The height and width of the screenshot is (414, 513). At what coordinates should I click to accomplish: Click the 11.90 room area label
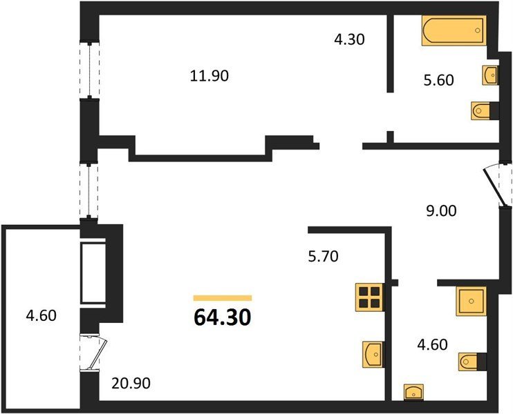pyautogui.click(x=209, y=76)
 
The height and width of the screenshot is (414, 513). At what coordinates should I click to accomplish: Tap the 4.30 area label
pyautogui.click(x=349, y=39)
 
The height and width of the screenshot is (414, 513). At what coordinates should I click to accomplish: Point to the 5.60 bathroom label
pyautogui.click(x=439, y=80)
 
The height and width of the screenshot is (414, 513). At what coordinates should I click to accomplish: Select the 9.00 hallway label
pyautogui.click(x=441, y=211)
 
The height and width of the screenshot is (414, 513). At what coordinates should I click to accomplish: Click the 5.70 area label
pyautogui.click(x=324, y=257)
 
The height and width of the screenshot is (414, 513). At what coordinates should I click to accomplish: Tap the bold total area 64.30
pyautogui.click(x=223, y=317)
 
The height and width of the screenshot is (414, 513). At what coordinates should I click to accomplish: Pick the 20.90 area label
pyautogui.click(x=131, y=384)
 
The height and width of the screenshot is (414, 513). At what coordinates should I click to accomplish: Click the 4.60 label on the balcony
pyautogui.click(x=41, y=316)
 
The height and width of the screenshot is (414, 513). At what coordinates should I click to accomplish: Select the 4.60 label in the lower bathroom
pyautogui.click(x=433, y=345)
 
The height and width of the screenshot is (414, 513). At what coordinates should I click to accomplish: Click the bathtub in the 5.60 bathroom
pyautogui.click(x=454, y=30)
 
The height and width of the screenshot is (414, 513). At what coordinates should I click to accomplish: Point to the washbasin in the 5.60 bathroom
pyautogui.click(x=490, y=75)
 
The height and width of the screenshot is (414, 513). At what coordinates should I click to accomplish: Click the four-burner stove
pyautogui.click(x=370, y=297)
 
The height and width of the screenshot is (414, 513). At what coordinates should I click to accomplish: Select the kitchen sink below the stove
pyautogui.click(x=373, y=354)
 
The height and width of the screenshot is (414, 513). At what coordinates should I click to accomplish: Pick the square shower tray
pyautogui.click(x=471, y=301)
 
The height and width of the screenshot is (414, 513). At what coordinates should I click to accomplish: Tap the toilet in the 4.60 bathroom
pyautogui.click(x=472, y=362)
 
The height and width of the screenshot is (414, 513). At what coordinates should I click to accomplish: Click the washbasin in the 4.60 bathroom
pyautogui.click(x=413, y=392)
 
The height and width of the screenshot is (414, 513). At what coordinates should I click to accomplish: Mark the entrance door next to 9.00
pyautogui.click(x=497, y=187)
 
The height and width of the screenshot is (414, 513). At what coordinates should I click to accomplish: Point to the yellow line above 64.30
pyautogui.click(x=223, y=298)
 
